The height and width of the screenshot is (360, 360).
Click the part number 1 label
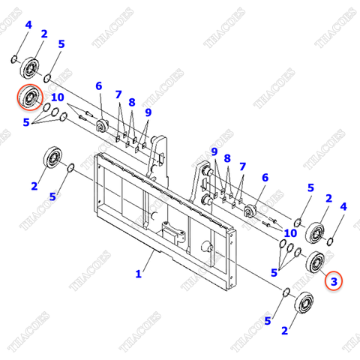[x=138, y=274]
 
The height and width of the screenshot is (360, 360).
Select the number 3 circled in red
[x=335, y=282]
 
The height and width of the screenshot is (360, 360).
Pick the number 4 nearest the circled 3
[x=343, y=206]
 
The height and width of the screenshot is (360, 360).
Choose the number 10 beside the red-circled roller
[x=57, y=97]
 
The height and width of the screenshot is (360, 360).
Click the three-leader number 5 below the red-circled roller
[x=27, y=121]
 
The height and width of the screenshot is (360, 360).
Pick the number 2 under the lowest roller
[x=284, y=330]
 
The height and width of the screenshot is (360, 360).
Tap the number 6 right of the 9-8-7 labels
[x=265, y=178]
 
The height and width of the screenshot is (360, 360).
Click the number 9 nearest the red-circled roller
[x=148, y=112]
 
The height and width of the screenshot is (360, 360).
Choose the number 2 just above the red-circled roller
[x=44, y=34]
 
